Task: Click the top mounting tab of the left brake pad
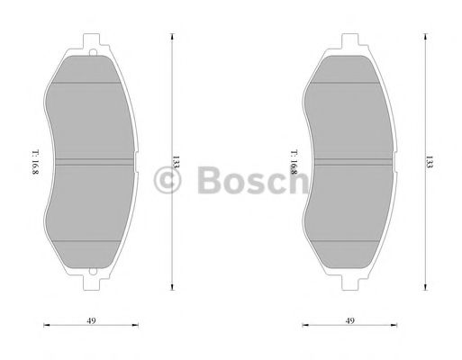pyautogui.click(x=94, y=41)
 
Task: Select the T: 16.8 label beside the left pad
pyautogui.click(x=34, y=163)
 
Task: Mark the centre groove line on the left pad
pyautogui.click(x=94, y=163)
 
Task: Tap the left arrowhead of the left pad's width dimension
pyautogui.click(x=45, y=328)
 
